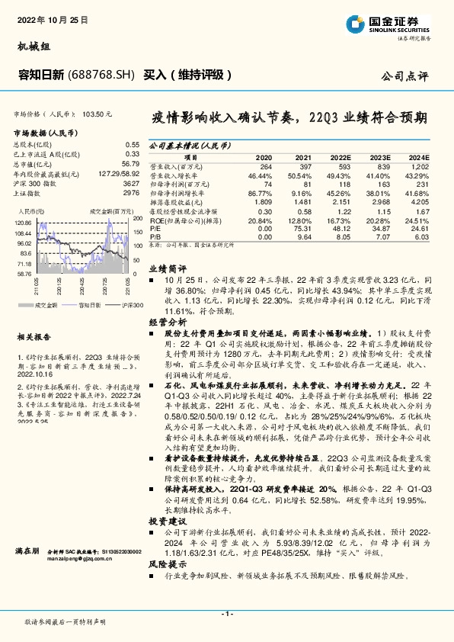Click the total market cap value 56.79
(130, 163)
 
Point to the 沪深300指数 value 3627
(130, 183)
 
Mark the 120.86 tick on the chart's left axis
(24, 221)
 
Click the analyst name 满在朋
(27, 549)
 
